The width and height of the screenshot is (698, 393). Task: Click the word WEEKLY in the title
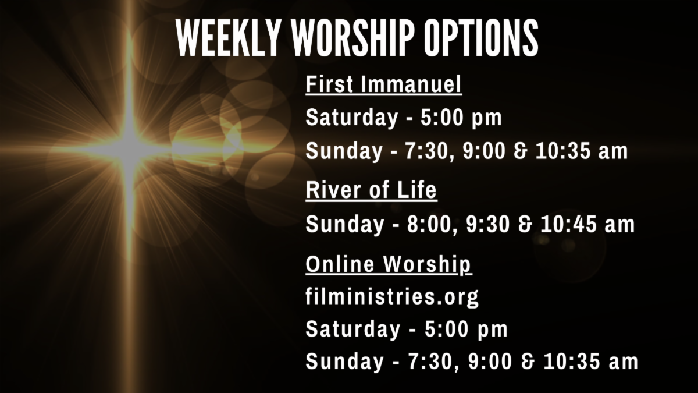[227, 37]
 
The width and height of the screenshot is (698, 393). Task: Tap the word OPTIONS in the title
[481, 37]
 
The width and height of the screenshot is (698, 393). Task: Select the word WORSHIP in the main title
[353, 37]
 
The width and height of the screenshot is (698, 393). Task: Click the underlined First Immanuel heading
[383, 84]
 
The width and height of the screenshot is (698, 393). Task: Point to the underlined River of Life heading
[372, 190]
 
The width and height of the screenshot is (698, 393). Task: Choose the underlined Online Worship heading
[389, 265]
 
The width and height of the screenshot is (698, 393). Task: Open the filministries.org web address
[392, 297]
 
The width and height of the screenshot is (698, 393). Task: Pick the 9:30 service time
[488, 225]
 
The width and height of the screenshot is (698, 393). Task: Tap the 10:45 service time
[569, 225]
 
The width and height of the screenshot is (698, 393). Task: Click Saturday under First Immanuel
[352, 118]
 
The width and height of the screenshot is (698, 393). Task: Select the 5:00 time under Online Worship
[446, 329]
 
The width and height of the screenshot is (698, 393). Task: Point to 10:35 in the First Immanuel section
[563, 151]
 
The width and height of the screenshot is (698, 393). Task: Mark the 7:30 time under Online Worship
[430, 362]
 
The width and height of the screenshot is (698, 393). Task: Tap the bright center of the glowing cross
[129, 150]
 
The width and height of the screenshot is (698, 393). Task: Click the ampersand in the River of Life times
[525, 225]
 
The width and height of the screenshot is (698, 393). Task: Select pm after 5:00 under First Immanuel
[487, 119]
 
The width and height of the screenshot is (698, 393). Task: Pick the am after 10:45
[619, 225]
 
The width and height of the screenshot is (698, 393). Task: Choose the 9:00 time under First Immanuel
[484, 151]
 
